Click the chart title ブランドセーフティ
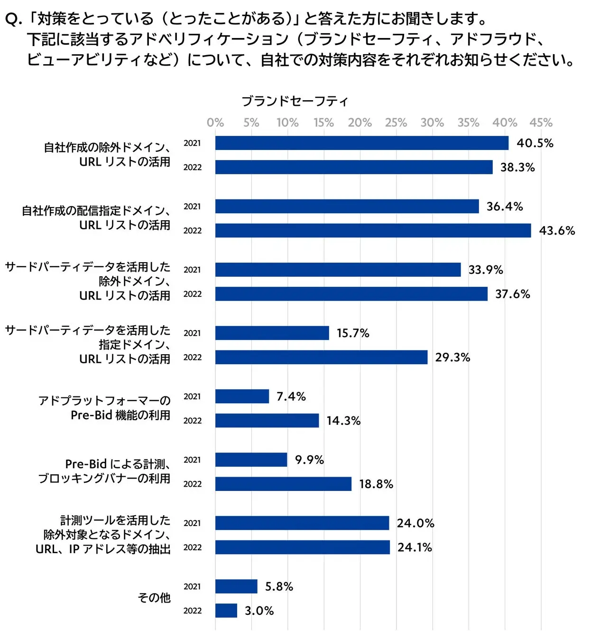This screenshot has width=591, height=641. [x=295, y=101]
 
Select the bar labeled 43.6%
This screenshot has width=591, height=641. [x=373, y=231]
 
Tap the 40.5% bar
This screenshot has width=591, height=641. [x=361, y=143]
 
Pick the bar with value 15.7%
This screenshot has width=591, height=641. [x=272, y=333]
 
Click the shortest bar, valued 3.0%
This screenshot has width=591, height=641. [x=226, y=611]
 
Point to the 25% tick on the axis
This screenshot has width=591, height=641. [x=396, y=123]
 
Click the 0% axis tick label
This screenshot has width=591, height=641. [x=215, y=123]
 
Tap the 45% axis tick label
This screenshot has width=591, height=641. [x=541, y=123]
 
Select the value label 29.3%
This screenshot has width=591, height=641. [x=452, y=357]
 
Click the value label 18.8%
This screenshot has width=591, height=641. [x=376, y=484]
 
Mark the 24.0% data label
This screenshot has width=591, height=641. [x=416, y=523]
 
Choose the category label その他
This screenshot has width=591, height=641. [x=154, y=598]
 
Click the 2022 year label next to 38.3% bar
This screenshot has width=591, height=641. [x=193, y=167]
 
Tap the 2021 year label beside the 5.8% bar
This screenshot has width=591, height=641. [x=193, y=586]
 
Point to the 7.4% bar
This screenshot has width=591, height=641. [x=242, y=396]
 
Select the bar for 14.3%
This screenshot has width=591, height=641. [x=267, y=420]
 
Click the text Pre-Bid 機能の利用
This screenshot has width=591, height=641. [x=120, y=415]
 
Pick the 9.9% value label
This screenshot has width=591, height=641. [x=309, y=460]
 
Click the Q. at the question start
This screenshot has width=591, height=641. [x=13, y=19]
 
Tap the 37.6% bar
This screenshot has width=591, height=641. [x=351, y=294]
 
